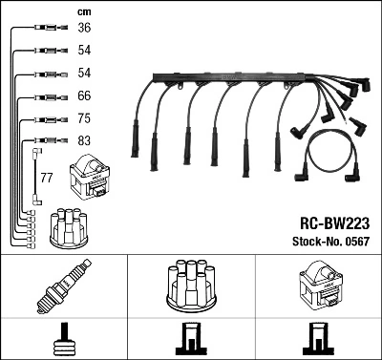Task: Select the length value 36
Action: click(84, 29)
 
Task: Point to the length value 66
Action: click(84, 96)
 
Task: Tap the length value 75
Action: click(84, 119)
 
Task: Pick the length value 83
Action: click(84, 142)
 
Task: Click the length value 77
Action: click(46, 178)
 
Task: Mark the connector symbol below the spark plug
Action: click(63, 339)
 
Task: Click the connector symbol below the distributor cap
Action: click(191, 339)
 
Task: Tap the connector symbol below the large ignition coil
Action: click(319, 339)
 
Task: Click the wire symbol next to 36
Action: click(47, 29)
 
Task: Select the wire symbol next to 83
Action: click(47, 142)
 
